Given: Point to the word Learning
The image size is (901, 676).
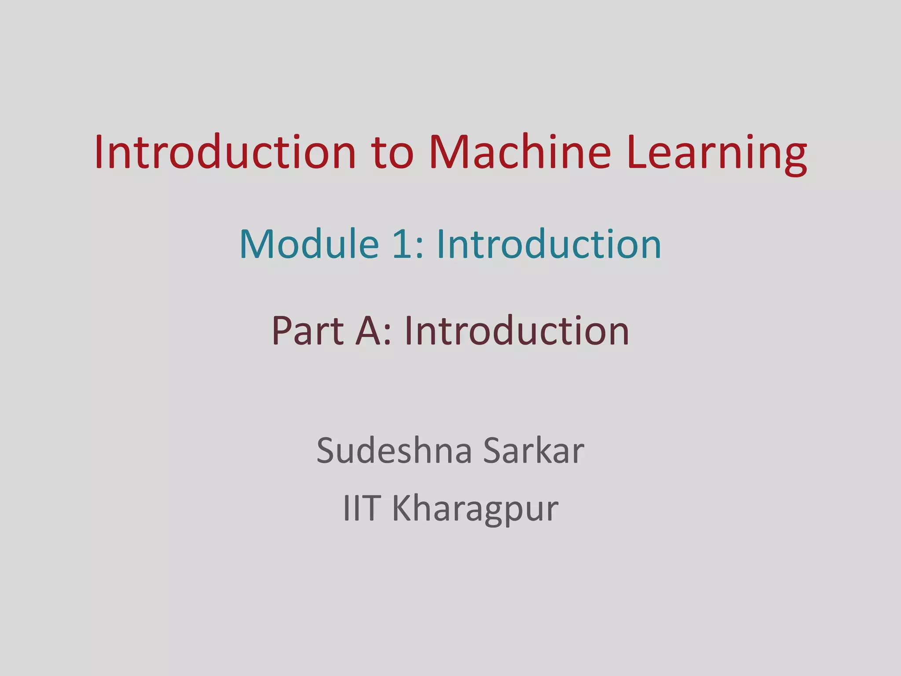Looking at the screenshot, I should (x=717, y=154).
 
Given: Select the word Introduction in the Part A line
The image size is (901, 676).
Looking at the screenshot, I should (x=516, y=331).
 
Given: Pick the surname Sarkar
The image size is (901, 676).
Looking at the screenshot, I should (x=534, y=450).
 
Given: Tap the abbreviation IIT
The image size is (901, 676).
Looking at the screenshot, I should (x=361, y=508).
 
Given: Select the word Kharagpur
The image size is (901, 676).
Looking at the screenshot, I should (x=475, y=510).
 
